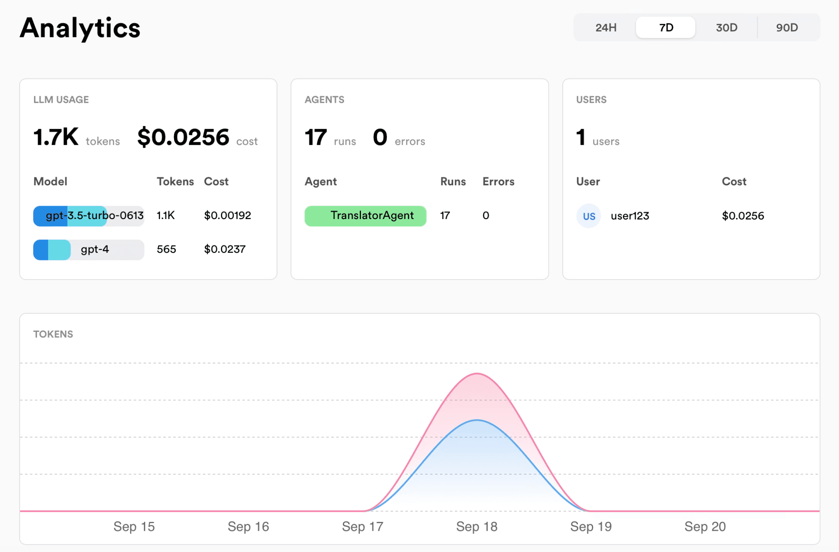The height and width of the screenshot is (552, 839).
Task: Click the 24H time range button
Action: [606, 27]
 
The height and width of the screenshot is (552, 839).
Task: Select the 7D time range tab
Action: [666, 27]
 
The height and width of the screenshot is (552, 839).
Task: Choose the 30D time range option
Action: [726, 27]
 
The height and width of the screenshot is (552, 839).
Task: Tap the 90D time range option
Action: [787, 27]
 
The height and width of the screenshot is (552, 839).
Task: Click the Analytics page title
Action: [80, 28]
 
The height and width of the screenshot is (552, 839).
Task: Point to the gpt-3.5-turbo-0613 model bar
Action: [89, 216]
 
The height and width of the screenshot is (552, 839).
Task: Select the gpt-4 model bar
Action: [89, 250]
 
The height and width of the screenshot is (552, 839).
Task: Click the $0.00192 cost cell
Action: [227, 216]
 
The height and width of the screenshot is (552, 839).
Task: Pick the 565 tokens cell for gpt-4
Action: [166, 250]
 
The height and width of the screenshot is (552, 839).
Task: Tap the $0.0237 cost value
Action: [225, 250]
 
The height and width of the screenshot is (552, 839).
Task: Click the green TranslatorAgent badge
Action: [365, 216]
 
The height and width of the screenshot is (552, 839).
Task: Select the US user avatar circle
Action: [589, 216]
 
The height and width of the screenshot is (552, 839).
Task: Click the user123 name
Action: [630, 216]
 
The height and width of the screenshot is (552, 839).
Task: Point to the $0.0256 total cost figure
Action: [183, 137]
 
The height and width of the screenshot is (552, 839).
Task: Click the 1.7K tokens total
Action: [56, 137]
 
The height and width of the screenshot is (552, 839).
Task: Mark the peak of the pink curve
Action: [477, 373]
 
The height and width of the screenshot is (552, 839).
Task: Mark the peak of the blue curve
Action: [477, 420]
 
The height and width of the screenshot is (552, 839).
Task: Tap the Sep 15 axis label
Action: [134, 527]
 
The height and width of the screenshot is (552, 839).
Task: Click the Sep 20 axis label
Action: [705, 527]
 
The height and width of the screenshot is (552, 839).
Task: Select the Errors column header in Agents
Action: [498, 182]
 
